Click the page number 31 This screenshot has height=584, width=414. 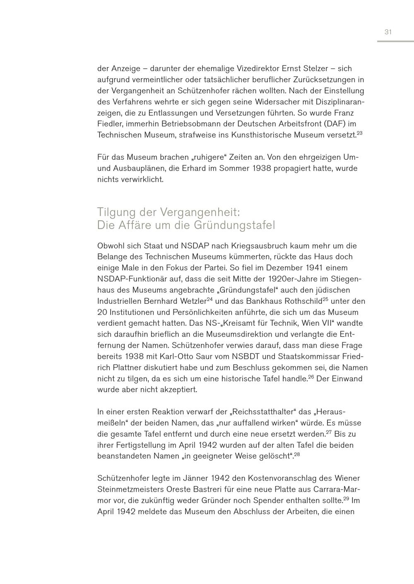point(388,32)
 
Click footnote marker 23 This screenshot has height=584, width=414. point(359,133)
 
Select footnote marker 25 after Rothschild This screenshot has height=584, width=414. point(325,299)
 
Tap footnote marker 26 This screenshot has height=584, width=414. point(311,377)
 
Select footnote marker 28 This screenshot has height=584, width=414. point(297,454)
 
